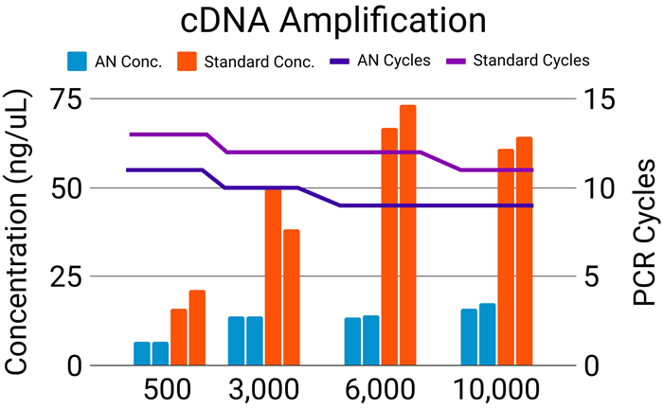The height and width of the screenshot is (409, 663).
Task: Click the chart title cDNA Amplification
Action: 331,21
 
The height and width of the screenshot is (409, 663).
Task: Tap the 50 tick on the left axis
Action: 63,188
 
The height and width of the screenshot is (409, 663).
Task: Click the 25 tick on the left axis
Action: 63,277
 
